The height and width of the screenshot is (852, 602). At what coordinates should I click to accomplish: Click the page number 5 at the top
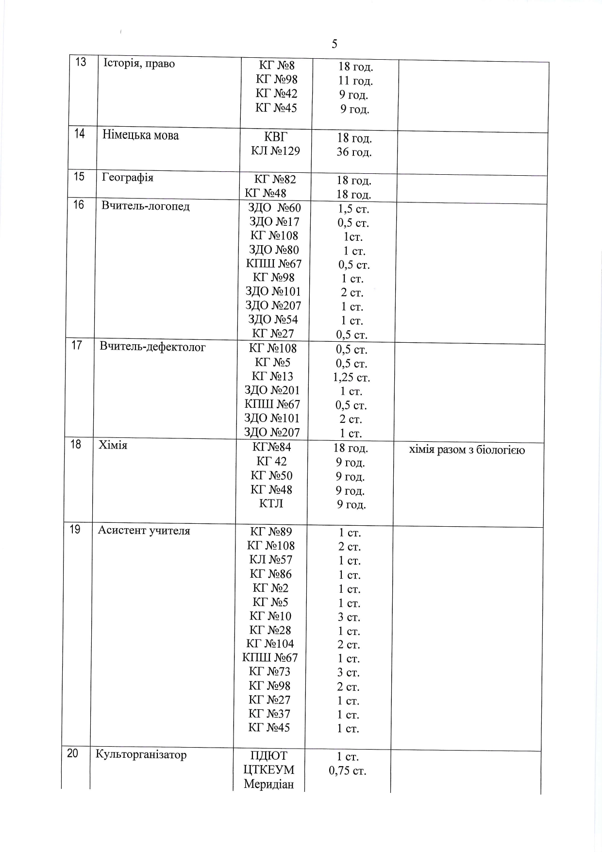click(x=334, y=44)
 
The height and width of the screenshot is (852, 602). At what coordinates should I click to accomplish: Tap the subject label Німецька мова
click(x=140, y=135)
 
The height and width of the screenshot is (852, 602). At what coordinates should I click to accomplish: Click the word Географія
click(x=128, y=177)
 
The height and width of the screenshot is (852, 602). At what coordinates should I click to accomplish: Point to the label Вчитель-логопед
click(x=145, y=206)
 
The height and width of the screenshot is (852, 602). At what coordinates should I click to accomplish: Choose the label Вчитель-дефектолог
click(x=152, y=347)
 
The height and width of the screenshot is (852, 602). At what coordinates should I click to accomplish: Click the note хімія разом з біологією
click(x=467, y=450)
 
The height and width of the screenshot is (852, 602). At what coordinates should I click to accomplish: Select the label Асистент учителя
click(x=144, y=530)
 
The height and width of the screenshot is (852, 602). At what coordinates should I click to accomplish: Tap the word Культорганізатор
click(x=141, y=754)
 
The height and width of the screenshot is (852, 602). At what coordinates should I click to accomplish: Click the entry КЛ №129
click(x=275, y=151)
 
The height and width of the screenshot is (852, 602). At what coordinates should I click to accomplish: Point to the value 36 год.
click(x=354, y=152)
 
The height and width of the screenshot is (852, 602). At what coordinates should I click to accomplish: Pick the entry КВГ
click(x=275, y=136)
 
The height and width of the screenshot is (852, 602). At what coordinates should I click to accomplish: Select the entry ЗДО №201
click(x=272, y=390)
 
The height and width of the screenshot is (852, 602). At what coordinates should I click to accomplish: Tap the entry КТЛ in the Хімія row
click(x=271, y=503)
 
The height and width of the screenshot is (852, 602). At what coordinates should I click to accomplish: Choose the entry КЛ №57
click(x=270, y=560)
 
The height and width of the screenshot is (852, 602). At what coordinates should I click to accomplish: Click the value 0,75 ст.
click(x=347, y=771)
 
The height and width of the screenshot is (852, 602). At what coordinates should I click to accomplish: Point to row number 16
click(x=79, y=205)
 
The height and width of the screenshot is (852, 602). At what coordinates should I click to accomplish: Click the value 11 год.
click(x=355, y=81)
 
